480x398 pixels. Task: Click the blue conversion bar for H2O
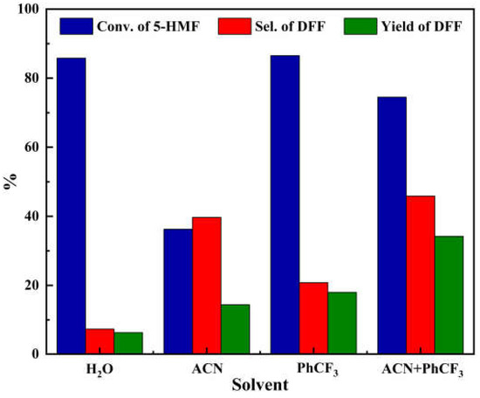pyautogui.click(x=72, y=206)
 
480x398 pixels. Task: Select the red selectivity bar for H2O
pyautogui.click(x=99, y=341)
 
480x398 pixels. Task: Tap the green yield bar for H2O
pyautogui.click(x=128, y=343)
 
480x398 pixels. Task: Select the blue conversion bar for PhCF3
pyautogui.click(x=285, y=205)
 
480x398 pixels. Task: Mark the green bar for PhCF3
pyautogui.click(x=343, y=323)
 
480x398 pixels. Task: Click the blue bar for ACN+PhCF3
pyautogui.click(x=392, y=225)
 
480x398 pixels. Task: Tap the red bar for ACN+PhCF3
pyautogui.click(x=421, y=275)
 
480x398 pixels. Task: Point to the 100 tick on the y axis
pyautogui.click(x=30, y=10)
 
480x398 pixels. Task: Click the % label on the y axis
pyautogui.click(x=10, y=182)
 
